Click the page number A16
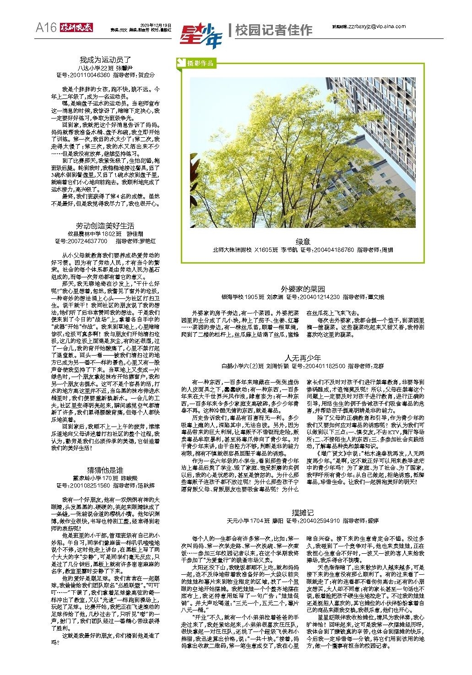pos(47,28)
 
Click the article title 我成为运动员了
pos(105,60)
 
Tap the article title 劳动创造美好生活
pos(105,226)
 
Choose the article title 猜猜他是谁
pos(105,470)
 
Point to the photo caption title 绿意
pos(303,242)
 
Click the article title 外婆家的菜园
pos(303,289)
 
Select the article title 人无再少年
pos(303,358)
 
